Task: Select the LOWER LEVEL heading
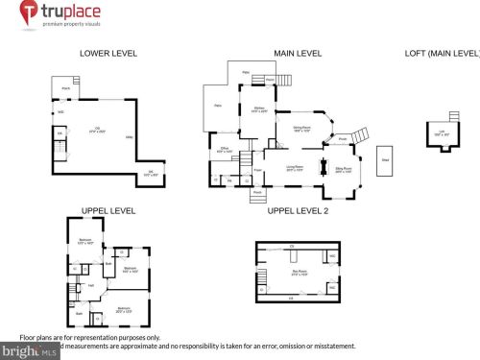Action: (108, 54)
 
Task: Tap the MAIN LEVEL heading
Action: (298, 54)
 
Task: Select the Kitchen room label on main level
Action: (259, 108)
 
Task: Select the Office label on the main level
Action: (224, 150)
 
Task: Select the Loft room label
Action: (442, 133)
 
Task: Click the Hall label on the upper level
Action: (92, 284)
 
